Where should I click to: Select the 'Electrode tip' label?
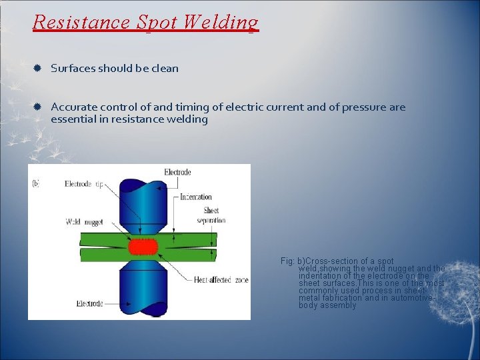(83, 184)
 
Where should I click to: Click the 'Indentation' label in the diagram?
(196, 197)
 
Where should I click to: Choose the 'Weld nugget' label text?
(83, 222)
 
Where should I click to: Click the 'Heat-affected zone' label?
(221, 280)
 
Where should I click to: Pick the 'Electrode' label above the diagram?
(177, 172)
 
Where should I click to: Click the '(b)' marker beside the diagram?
(36, 183)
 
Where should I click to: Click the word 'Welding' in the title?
(224, 22)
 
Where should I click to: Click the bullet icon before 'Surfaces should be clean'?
(39, 69)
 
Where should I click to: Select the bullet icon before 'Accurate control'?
(39, 107)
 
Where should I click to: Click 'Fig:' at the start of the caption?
(288, 261)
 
